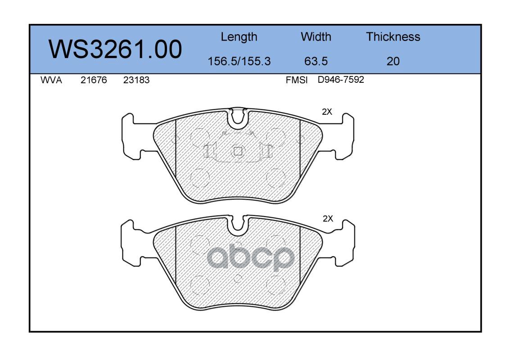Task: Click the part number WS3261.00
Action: (115, 49)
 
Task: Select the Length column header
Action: (239, 37)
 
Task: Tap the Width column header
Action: (316, 36)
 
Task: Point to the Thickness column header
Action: (393, 36)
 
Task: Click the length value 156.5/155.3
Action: (239, 61)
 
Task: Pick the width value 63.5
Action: (316, 61)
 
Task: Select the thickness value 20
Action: (393, 61)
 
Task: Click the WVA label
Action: (51, 80)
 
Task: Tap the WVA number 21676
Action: (94, 80)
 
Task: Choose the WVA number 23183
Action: (136, 80)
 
